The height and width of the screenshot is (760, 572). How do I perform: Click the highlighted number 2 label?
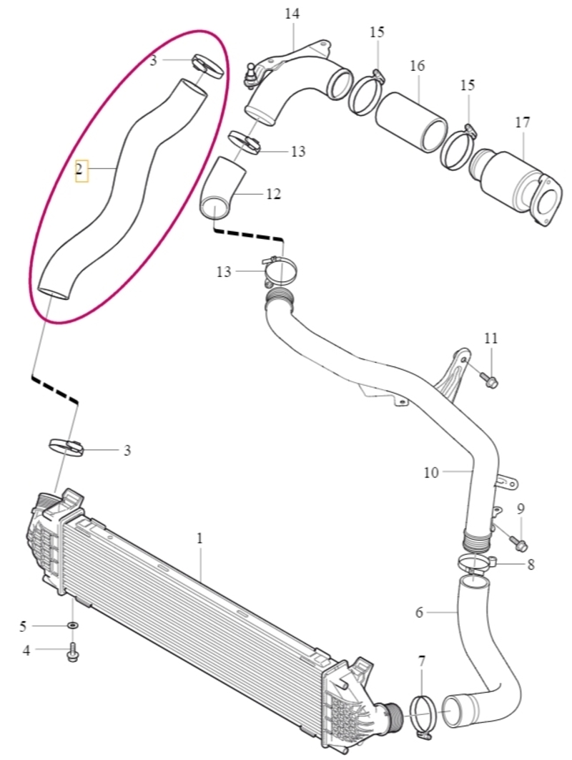click(x=81, y=170)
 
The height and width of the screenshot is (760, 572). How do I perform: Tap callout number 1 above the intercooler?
click(x=199, y=538)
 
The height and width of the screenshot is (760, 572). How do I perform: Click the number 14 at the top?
click(x=292, y=14)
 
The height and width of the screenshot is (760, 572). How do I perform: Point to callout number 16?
click(x=417, y=65)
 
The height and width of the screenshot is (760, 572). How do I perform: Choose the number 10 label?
click(x=430, y=472)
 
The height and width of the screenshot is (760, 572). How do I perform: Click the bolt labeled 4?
click(x=73, y=651)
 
